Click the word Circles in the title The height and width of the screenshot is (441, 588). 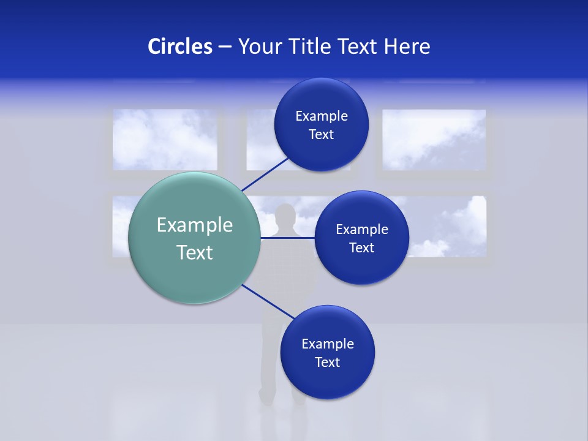180,46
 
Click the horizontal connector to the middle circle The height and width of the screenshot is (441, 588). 287,238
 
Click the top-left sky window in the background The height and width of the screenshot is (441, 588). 165,140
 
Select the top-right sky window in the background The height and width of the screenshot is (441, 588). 434,140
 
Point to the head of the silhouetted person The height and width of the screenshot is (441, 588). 285,216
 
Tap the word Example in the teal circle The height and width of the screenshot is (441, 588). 194,225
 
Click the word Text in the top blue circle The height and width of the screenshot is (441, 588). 321,135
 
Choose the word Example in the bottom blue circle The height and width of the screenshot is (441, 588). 327,344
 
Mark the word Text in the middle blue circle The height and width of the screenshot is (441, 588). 361,248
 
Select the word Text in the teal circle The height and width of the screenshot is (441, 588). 194,252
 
